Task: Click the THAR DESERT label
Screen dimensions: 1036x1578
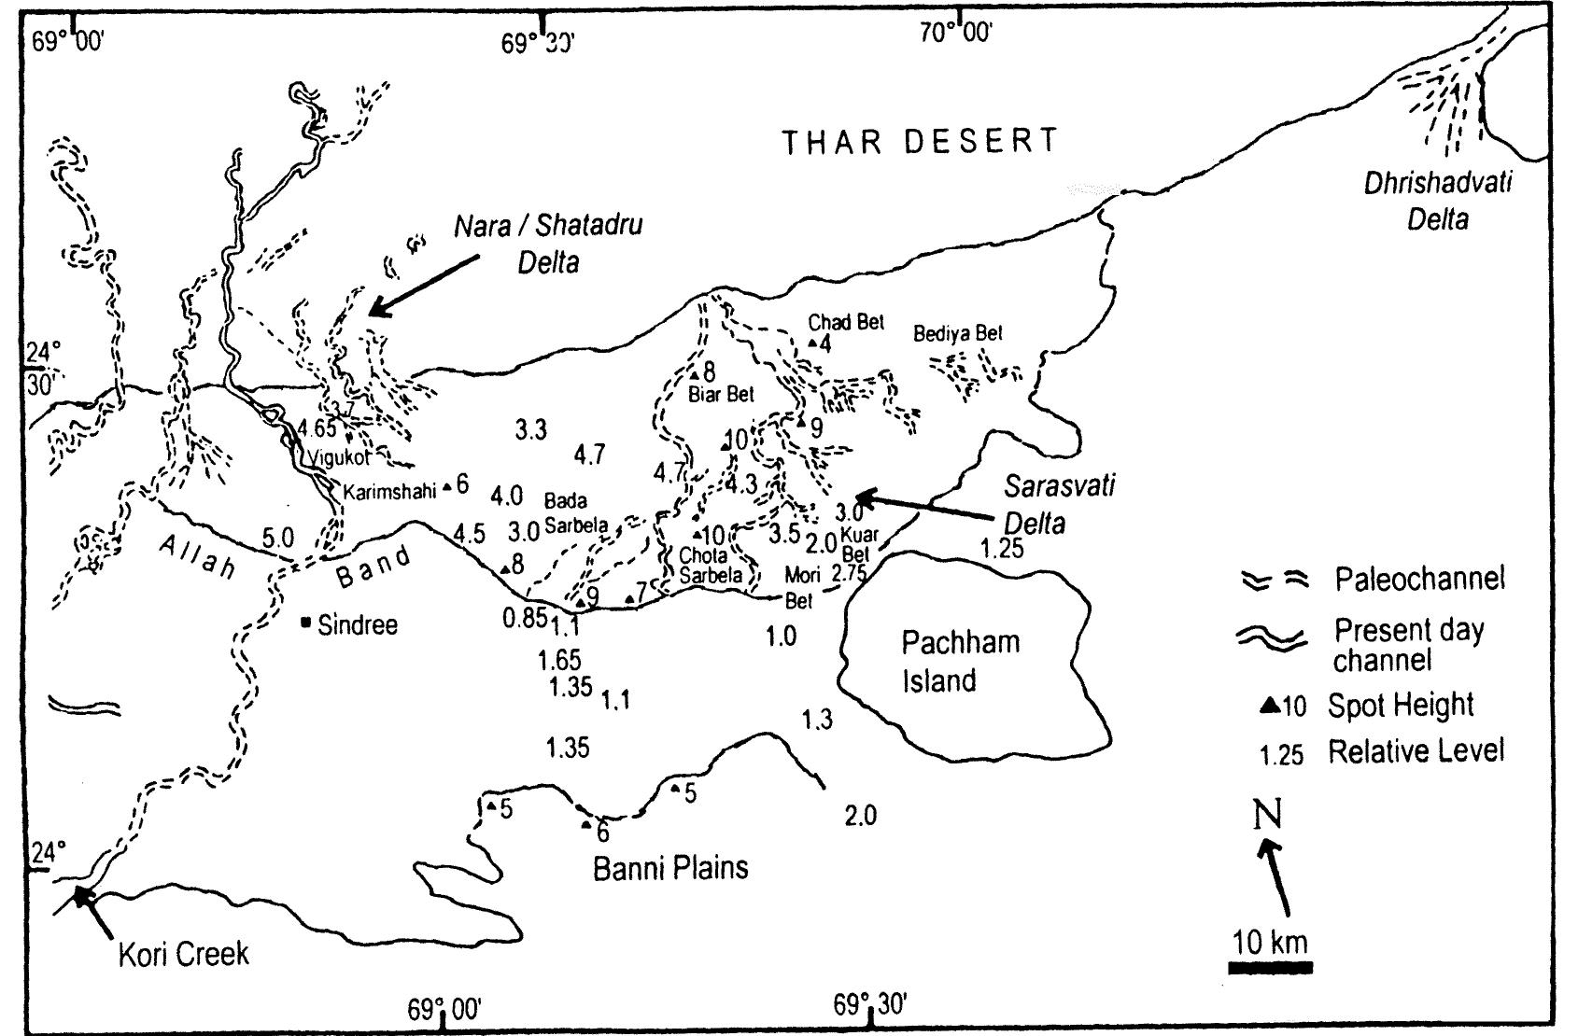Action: coord(920,143)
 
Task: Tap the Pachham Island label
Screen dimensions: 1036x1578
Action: coord(947,661)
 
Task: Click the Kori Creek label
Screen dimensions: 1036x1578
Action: coord(184,954)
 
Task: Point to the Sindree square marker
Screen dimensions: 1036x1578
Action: coord(306,623)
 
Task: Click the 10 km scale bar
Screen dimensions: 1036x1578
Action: coord(1270,967)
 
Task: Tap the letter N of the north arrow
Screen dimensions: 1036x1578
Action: coord(1266,814)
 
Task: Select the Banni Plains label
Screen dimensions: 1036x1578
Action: coord(670,868)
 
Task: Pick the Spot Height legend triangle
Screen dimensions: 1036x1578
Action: coord(1270,707)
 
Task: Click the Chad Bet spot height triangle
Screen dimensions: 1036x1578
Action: coord(812,344)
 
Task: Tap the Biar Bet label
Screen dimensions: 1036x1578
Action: coord(721,395)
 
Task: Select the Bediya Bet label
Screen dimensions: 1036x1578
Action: coord(957,333)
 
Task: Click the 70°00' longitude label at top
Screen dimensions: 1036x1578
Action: coord(955,34)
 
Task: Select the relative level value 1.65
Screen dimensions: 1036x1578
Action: coord(559,661)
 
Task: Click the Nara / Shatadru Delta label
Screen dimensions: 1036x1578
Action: coord(548,243)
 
